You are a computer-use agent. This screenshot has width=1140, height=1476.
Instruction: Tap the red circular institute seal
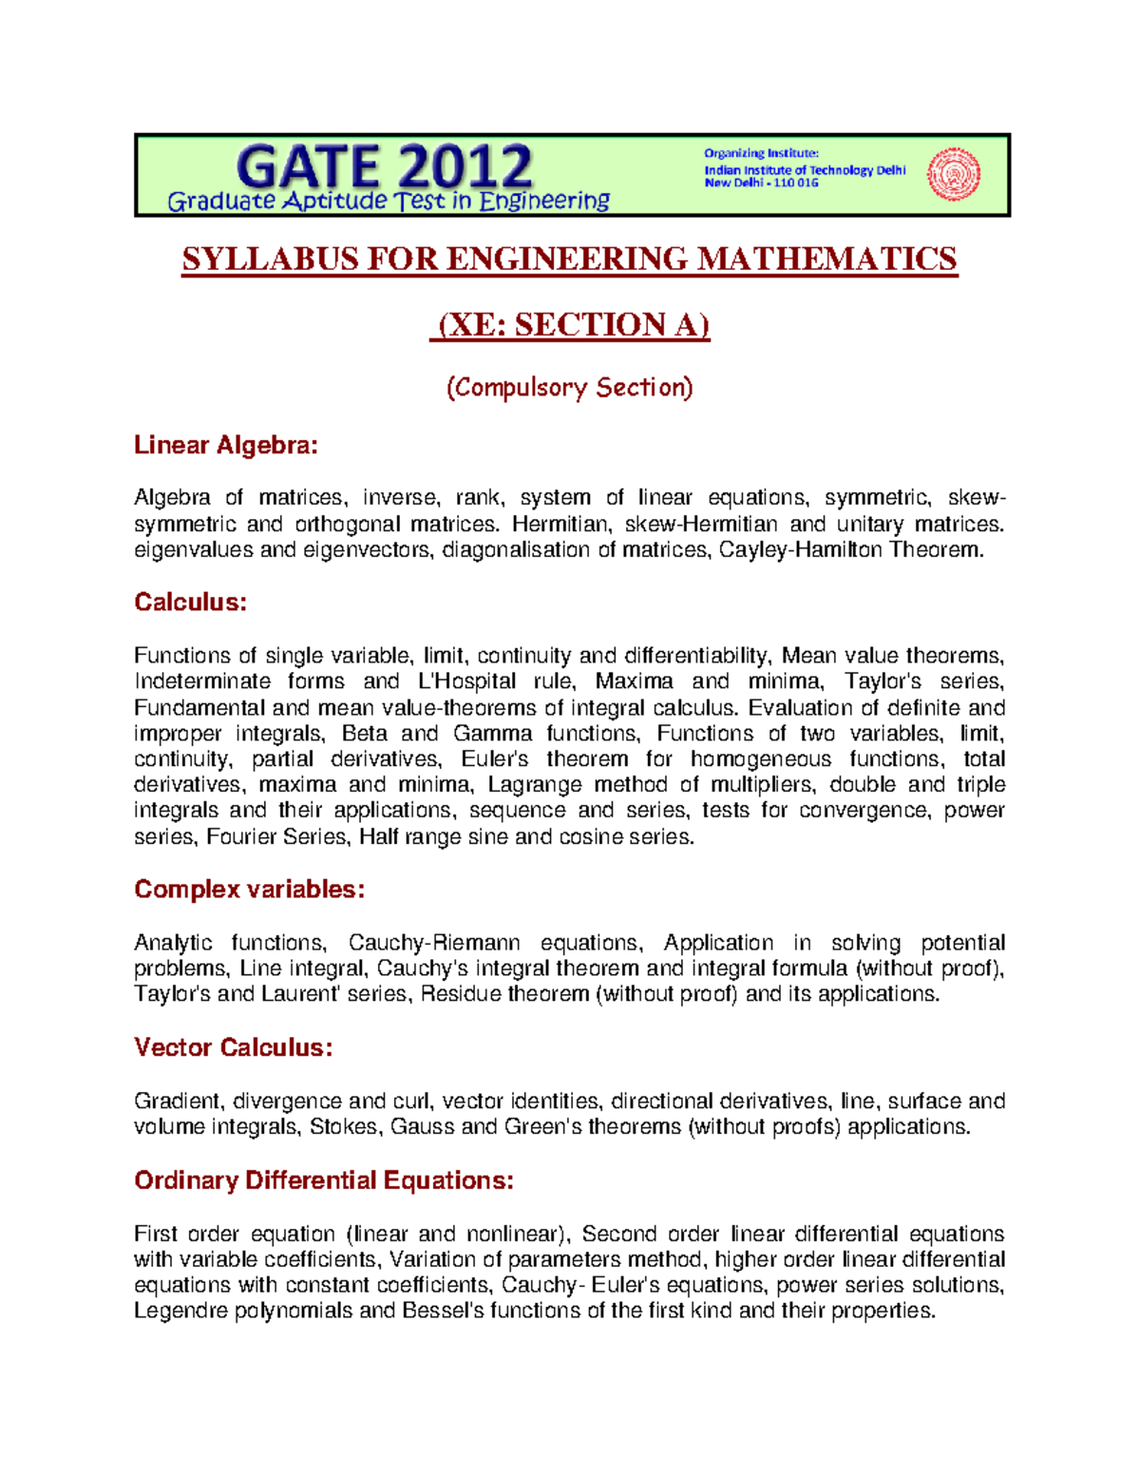[953, 174]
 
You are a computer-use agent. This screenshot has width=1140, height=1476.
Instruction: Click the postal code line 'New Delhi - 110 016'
[760, 183]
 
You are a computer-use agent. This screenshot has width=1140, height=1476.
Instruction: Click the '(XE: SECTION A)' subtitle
[570, 324]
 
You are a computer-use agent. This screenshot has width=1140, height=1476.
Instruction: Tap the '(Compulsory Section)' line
[570, 388]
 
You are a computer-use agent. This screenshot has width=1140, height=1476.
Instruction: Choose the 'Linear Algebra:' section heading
[226, 445]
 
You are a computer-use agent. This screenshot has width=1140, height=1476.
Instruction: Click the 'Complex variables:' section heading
[249, 889]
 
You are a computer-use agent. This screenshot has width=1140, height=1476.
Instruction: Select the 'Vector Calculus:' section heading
[233, 1047]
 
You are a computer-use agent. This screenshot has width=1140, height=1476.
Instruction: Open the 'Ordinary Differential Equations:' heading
[324, 1180]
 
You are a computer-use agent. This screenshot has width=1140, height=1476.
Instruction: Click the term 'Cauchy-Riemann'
[434, 943]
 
